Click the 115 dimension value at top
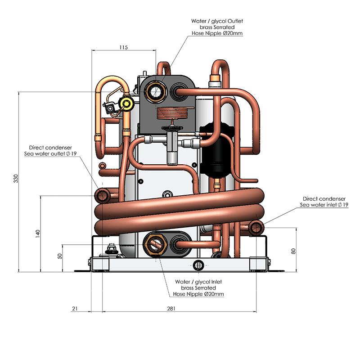(x=124, y=47)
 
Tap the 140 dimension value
(x=38, y=233)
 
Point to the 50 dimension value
(x=59, y=256)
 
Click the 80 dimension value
(x=293, y=251)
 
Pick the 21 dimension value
(x=75, y=309)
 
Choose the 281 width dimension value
(x=171, y=309)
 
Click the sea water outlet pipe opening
(x=103, y=195)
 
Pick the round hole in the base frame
(x=197, y=264)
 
